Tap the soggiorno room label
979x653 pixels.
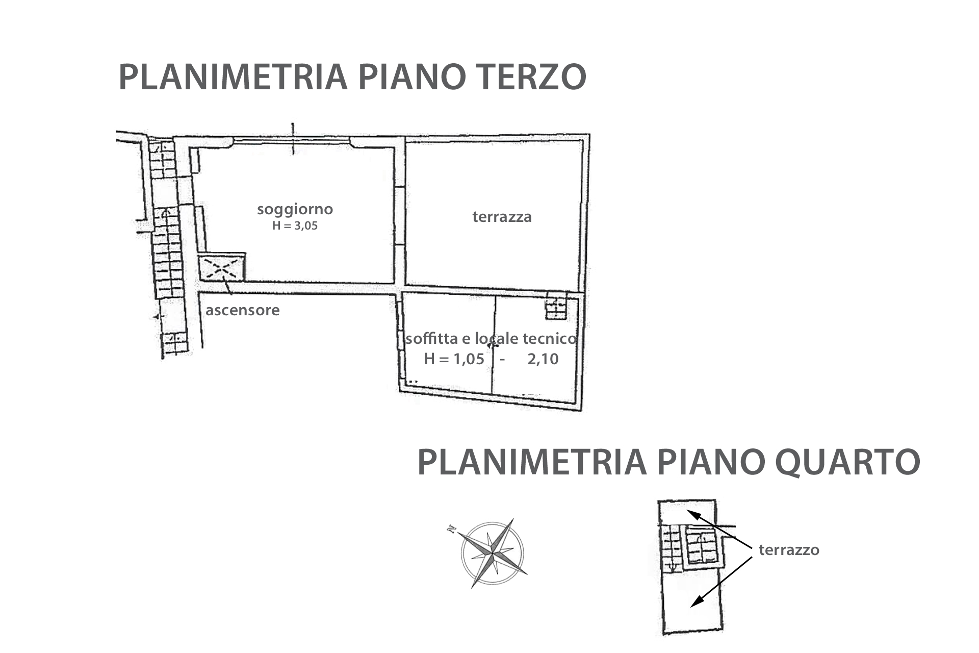pyautogui.click(x=295, y=209)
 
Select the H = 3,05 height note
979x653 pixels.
pyautogui.click(x=295, y=226)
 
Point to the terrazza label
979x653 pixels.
pyautogui.click(x=502, y=217)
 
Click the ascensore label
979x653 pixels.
pyautogui.click(x=243, y=310)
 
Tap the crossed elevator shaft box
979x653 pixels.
pyautogui.click(x=222, y=267)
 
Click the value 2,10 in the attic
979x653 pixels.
pyautogui.click(x=543, y=359)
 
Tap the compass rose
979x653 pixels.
pyautogui.click(x=493, y=554)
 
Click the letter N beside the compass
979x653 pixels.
pyautogui.click(x=451, y=529)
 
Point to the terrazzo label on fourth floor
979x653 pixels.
pyautogui.click(x=789, y=550)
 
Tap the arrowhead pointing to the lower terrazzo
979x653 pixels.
pyautogui.click(x=695, y=602)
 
